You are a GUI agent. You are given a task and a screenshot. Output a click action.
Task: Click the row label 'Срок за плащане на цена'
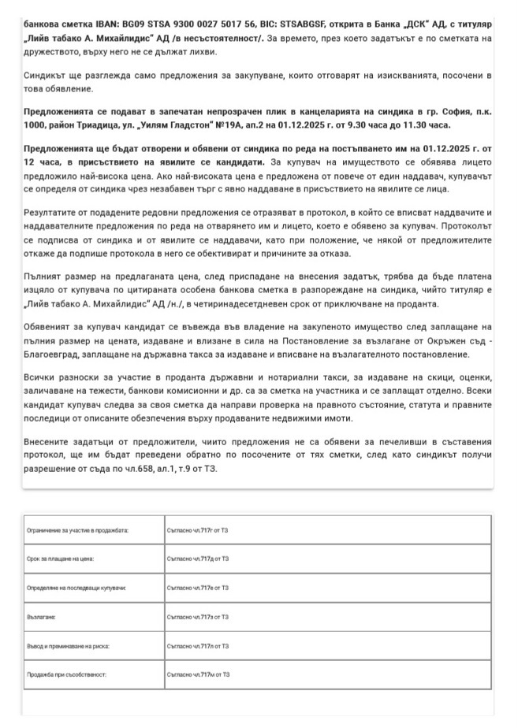pos(60,559)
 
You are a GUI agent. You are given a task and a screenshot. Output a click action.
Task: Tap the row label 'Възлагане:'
pos(40,617)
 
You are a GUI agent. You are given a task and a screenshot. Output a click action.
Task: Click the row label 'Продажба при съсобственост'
pos(66,675)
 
